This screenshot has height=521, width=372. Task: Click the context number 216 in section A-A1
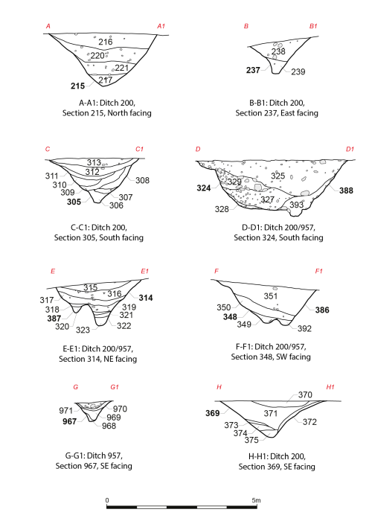coord(106,42)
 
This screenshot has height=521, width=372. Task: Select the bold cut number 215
coord(77,86)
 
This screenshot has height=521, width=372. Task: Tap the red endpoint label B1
coord(313,26)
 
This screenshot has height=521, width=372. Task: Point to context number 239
coord(298,71)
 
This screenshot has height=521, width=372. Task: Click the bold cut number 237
coord(253,70)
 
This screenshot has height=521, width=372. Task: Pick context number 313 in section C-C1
coord(94,162)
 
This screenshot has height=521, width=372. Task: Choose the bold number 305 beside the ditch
coord(74,202)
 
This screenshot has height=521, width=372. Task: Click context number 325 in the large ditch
coord(278,176)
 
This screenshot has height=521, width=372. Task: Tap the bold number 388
coord(346,191)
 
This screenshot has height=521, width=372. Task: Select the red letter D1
coord(350,149)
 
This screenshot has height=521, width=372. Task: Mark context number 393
coord(297,205)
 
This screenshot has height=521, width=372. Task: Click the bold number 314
coord(146,298)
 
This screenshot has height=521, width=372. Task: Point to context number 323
coord(83,330)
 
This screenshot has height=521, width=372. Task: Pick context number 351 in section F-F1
coord(271,295)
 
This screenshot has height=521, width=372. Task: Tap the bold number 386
coord(322,310)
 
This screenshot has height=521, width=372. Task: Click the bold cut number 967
coord(69,421)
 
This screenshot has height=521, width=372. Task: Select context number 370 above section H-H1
coord(305,394)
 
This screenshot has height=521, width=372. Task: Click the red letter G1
coord(115,387)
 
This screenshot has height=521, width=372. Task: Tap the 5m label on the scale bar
coord(256,500)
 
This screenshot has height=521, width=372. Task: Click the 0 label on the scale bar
coord(107,500)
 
